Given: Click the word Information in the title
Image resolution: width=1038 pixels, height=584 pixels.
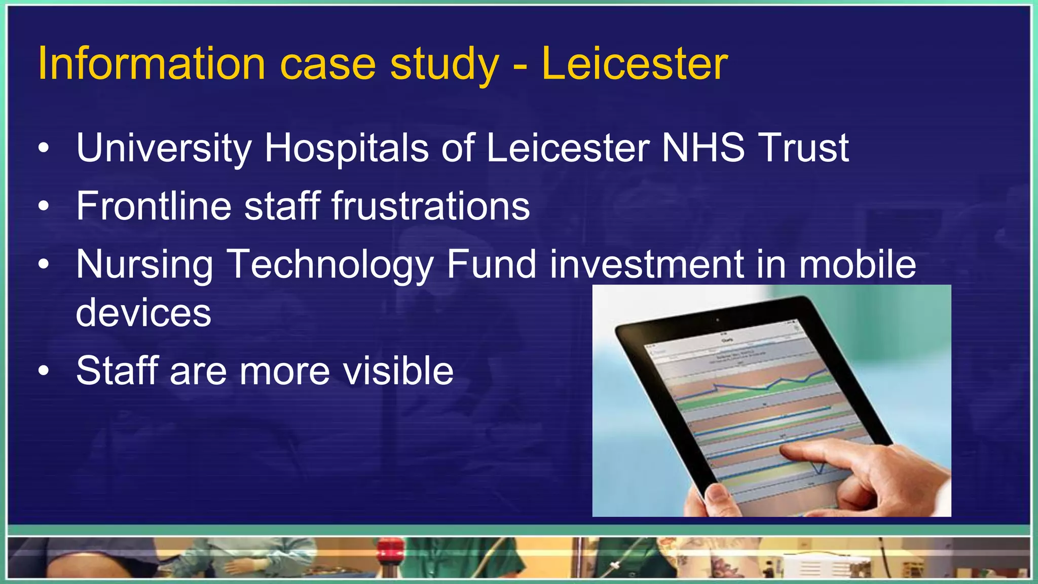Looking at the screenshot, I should (152, 64).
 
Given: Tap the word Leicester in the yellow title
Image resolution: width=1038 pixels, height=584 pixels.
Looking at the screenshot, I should (635, 64).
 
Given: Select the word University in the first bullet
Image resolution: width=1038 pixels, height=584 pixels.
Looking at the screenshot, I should (164, 148).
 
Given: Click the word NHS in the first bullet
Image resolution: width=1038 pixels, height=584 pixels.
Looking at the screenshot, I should (703, 148).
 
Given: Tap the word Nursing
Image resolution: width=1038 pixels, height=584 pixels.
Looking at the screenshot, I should (144, 265).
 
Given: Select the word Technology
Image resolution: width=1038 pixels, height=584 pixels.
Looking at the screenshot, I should (329, 265).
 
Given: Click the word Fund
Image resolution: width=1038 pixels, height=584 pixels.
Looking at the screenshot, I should (491, 264).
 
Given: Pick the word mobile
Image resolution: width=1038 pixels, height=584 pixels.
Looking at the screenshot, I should (858, 264).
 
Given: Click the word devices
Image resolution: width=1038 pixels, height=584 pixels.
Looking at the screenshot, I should (143, 313).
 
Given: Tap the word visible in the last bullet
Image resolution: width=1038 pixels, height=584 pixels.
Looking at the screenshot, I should (398, 371).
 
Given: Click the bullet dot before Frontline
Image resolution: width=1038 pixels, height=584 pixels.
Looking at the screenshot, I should (44, 206).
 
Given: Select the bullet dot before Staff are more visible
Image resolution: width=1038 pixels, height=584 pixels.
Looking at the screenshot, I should (44, 371).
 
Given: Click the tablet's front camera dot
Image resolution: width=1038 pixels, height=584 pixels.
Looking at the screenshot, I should (717, 320).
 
